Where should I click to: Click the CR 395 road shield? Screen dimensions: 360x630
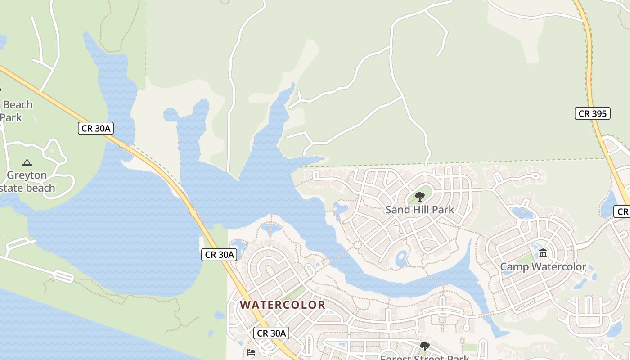point(592,113)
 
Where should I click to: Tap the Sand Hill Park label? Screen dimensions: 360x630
point(419,209)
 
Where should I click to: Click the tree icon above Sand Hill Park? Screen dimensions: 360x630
point(419,196)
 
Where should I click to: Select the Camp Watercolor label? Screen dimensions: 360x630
point(543,267)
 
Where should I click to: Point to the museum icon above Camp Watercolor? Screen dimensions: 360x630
point(543,253)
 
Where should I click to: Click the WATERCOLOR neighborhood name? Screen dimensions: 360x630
point(282,305)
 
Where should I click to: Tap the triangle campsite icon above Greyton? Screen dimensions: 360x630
point(27,162)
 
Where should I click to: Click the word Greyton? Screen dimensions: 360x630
point(27,175)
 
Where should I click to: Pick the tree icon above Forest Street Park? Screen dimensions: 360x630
point(424,346)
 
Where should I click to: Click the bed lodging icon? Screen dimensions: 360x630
point(251,352)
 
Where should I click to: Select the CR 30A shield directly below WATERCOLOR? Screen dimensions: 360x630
point(271,333)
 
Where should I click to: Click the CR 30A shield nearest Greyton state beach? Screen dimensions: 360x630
point(95,128)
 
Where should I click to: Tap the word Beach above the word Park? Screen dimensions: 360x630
point(18,105)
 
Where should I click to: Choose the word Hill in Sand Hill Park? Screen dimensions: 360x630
point(420,209)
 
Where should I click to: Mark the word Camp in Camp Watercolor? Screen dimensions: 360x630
point(514,267)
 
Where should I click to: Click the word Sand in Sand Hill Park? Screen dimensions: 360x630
point(396,209)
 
